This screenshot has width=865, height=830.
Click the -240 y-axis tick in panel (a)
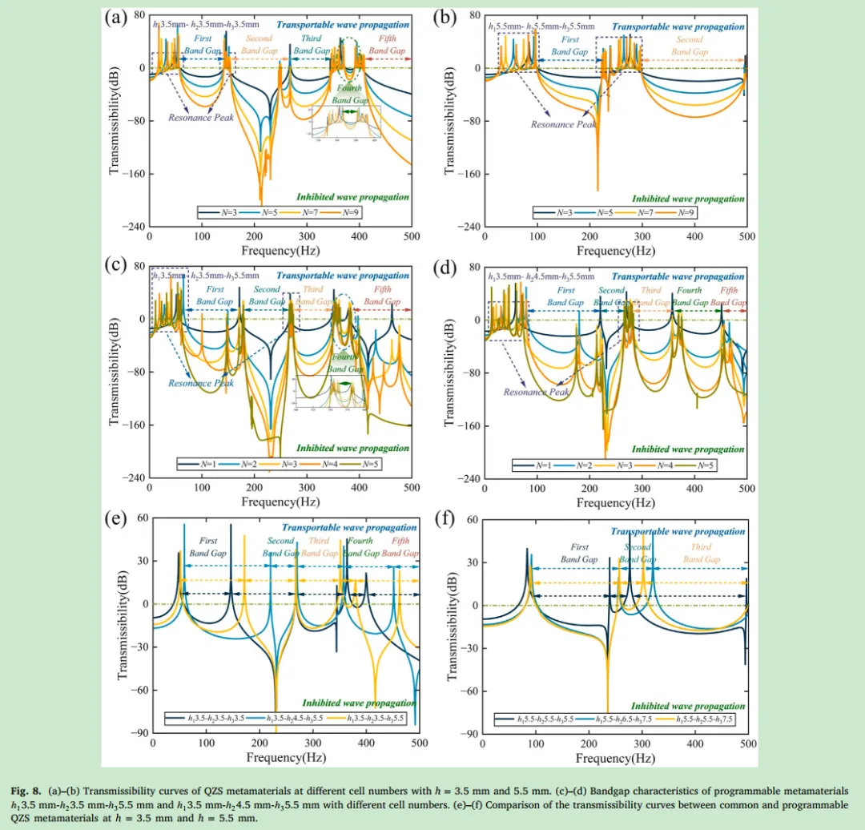click(133, 227)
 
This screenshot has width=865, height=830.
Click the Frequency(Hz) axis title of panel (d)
click(614, 502)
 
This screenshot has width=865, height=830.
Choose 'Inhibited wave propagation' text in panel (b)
click(688, 199)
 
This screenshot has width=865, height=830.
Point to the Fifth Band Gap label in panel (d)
click(729, 296)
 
